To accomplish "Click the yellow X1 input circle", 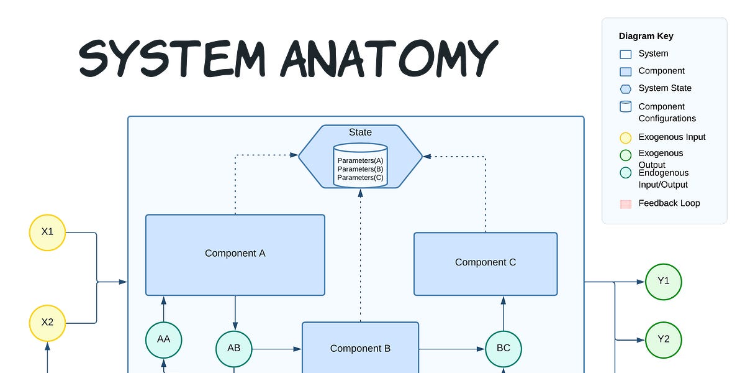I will [47, 233].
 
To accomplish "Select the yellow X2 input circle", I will [47, 323].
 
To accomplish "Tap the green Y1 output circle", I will [664, 282].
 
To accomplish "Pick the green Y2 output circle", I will [664, 340].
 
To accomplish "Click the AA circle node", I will [164, 339].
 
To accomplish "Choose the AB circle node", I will [234, 349].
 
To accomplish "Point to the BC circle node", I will [503, 349].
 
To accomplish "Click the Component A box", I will [235, 254].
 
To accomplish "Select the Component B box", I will [360, 348].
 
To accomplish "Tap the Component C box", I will [485, 264].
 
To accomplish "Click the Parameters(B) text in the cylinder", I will [360, 169].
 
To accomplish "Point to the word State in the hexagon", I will [360, 132].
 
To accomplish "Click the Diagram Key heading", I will [646, 36].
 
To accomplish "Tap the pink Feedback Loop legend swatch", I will [626, 204].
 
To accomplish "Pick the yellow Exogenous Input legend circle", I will [626, 138].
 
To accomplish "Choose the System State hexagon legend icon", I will [626, 89].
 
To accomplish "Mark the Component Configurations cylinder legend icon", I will [626, 107].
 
